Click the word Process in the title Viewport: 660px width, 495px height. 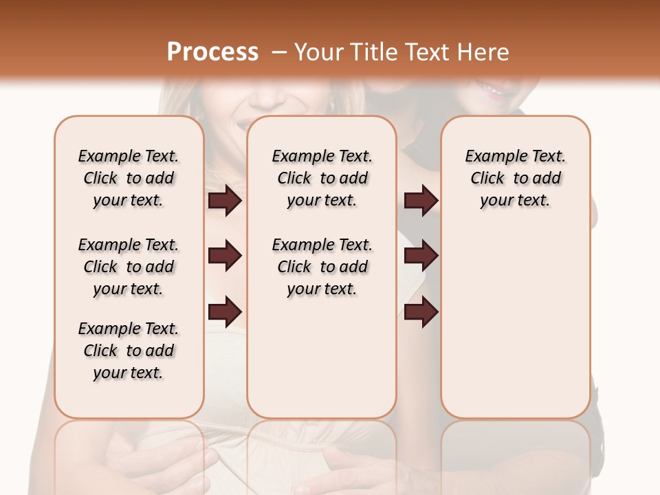point(212,52)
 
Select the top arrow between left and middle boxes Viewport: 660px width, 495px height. point(225,201)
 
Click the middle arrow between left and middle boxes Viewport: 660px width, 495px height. point(225,256)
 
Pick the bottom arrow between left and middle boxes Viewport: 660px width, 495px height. point(225,312)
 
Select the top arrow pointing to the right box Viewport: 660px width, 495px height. point(421,201)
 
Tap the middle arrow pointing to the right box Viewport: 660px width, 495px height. point(421,256)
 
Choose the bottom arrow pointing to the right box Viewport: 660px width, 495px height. point(421,312)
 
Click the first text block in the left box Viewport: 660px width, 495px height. point(129,178)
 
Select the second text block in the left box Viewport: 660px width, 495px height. point(129,267)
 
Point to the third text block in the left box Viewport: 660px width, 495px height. point(129,351)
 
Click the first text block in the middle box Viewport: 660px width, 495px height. point(322,178)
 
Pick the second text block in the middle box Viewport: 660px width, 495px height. point(322,267)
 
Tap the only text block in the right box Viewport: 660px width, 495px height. point(515,178)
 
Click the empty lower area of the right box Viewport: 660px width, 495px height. point(515,323)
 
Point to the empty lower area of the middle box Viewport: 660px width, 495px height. point(322,357)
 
